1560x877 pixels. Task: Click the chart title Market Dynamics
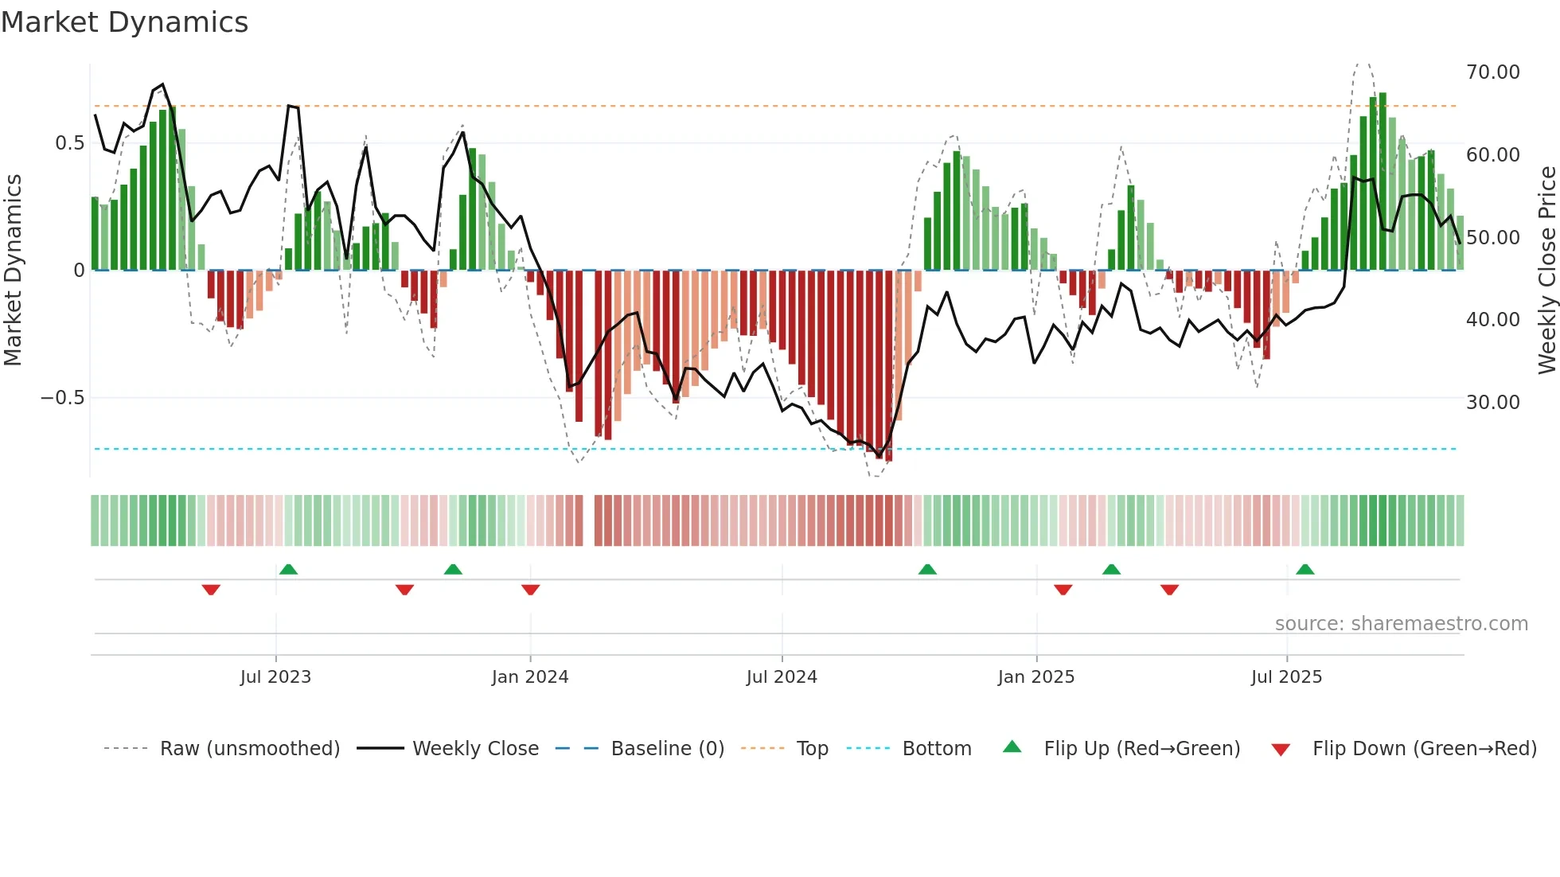125,22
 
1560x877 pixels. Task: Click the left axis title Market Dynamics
14,270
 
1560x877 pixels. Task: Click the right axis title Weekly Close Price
1546,270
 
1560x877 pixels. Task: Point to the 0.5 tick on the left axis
69,143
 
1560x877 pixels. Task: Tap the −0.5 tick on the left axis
63,398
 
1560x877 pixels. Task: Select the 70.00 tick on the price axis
1492,72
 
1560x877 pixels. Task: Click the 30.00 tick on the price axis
1492,403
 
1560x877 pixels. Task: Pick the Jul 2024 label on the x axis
781,677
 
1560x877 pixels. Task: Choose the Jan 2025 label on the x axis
1035,677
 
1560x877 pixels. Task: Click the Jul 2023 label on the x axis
275,677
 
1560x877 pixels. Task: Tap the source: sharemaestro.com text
1401,624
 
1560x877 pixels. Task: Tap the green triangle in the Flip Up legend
1012,746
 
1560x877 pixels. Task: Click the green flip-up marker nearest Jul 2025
1305,569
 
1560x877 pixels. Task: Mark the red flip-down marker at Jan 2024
531,590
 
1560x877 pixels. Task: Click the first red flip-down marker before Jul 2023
211,590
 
